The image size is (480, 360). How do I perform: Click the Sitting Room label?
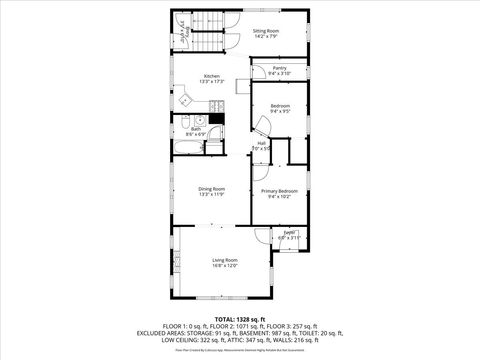click(x=266, y=31)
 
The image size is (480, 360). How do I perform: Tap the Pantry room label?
click(x=280, y=68)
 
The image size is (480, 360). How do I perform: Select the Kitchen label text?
click(x=212, y=76)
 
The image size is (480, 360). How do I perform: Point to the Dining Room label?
click(x=211, y=188)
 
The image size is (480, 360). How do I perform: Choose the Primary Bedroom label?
click(x=280, y=190)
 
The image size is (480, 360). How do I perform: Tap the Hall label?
click(x=261, y=143)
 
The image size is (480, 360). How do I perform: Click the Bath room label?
click(x=197, y=128)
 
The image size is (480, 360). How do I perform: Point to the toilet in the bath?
click(x=213, y=148)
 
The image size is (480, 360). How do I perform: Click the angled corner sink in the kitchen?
click(x=185, y=100)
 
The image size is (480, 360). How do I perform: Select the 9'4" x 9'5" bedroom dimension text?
click(x=280, y=111)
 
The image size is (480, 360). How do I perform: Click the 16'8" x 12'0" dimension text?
click(x=224, y=265)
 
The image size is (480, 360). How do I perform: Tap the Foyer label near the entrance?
click(x=288, y=232)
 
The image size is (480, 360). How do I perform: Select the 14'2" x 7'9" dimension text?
click(x=266, y=37)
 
